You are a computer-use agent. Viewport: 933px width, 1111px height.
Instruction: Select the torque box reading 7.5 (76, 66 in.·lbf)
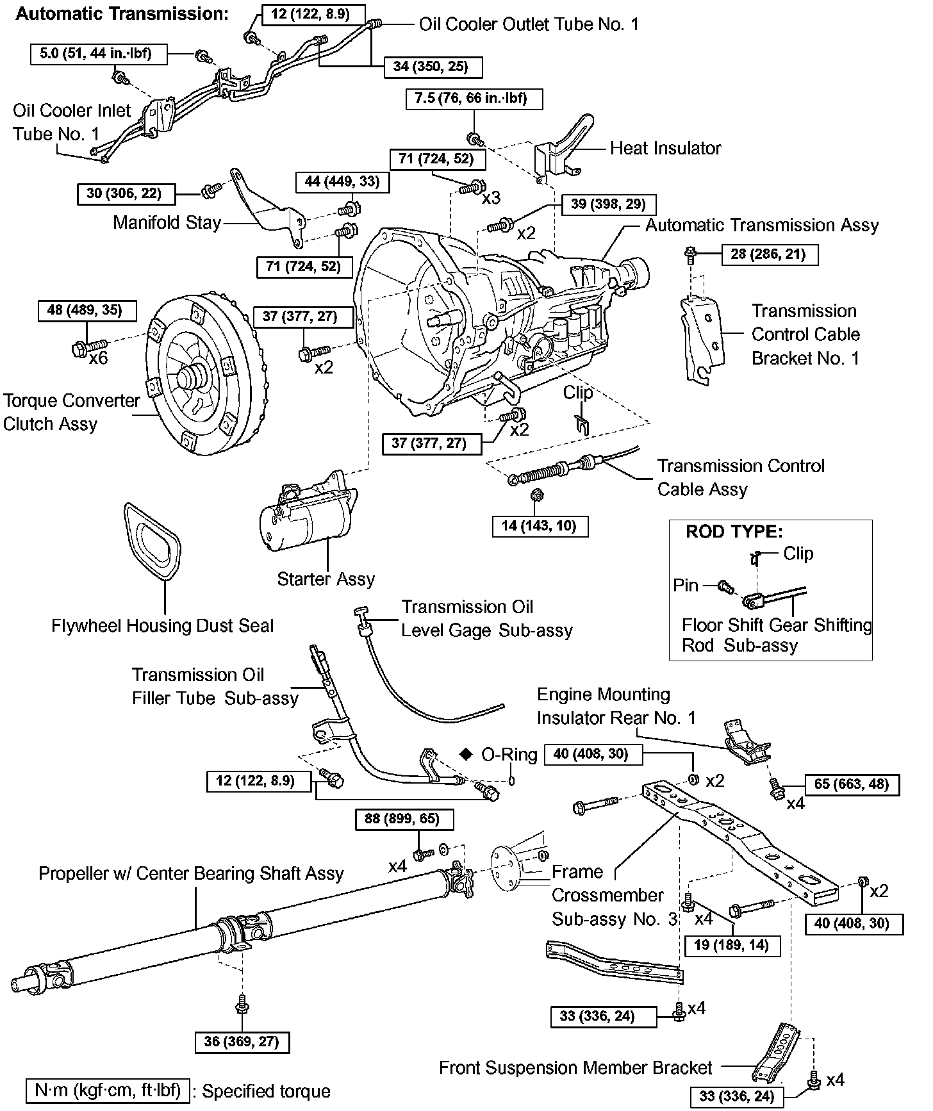pos(474,99)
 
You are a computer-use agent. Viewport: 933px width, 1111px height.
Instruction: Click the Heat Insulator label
pos(665,149)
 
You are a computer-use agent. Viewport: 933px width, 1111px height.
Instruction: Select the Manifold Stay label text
pos(167,223)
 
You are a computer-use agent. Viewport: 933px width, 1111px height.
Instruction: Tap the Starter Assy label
pos(326,579)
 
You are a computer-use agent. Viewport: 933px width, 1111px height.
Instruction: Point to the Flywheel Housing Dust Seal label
pos(163,626)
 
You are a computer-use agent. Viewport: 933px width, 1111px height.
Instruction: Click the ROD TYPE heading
pos(734,532)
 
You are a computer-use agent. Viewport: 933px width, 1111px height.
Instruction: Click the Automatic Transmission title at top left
pos(122,14)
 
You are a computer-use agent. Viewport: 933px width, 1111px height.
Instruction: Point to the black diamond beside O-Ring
pos(466,754)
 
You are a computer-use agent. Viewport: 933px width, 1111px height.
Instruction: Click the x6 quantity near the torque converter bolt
pos(99,358)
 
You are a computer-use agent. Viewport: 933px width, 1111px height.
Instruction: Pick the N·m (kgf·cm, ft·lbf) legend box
pos(108,1090)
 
